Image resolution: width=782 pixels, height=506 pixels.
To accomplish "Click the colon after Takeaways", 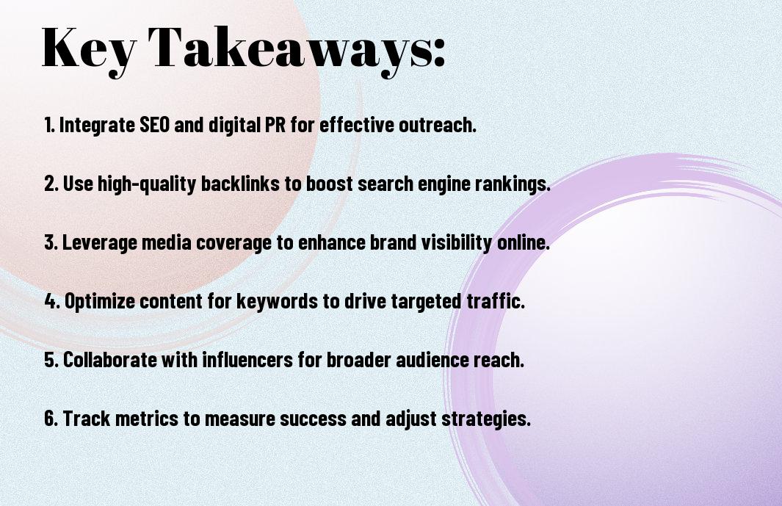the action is pos(438,52).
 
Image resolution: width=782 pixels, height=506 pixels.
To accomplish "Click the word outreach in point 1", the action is pos(438,125).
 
